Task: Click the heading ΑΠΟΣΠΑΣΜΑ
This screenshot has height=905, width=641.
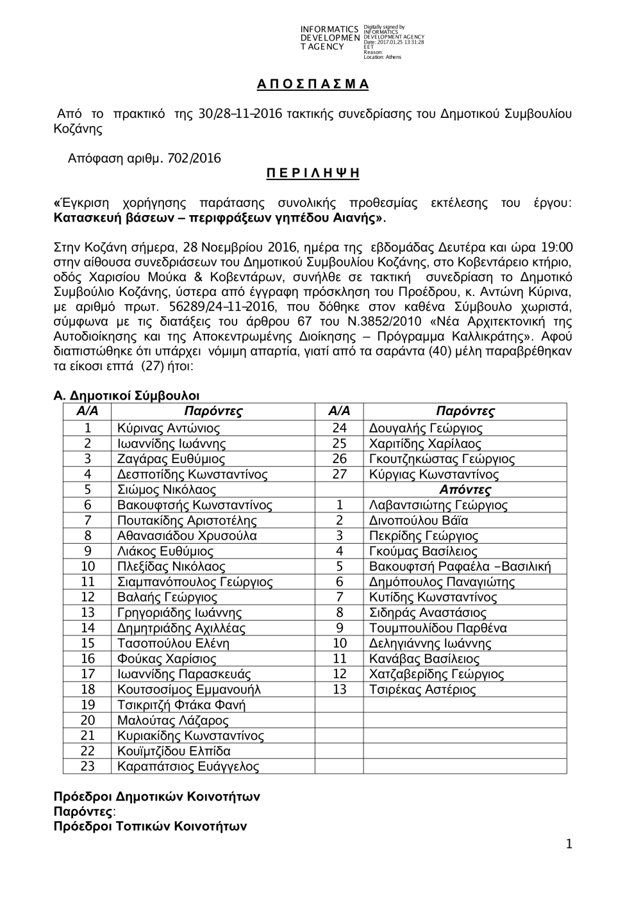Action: click(x=313, y=85)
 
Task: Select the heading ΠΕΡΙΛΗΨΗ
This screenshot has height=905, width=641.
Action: click(x=313, y=174)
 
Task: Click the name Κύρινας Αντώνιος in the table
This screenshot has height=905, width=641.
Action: click(x=169, y=428)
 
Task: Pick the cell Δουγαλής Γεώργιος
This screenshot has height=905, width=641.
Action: click(x=426, y=428)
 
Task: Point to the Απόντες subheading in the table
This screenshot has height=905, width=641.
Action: click(x=465, y=490)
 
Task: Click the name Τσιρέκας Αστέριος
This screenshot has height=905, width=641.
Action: click(x=422, y=690)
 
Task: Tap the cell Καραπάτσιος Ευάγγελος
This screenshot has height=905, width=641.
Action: click(x=188, y=767)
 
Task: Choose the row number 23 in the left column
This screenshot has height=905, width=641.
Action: click(x=88, y=767)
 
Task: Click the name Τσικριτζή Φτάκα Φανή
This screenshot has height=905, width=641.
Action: click(x=181, y=705)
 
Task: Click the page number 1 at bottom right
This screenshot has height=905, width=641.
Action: click(x=569, y=845)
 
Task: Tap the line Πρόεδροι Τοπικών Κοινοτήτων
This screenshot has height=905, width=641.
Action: click(x=150, y=826)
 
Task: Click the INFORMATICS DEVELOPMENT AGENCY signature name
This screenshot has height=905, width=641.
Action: click(x=329, y=38)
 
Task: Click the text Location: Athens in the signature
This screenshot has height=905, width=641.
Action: click(x=382, y=57)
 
